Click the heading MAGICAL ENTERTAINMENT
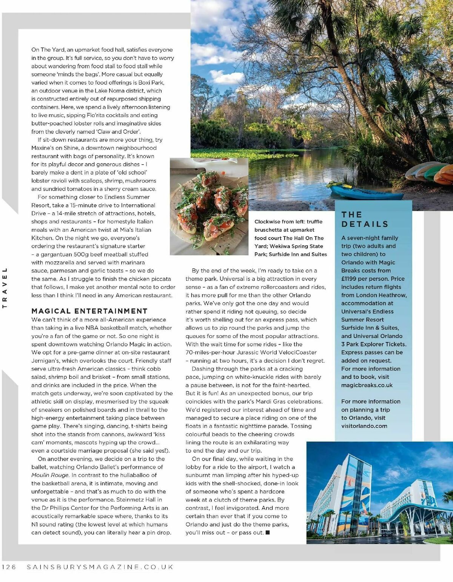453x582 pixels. point(89,311)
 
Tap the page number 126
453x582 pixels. point(9,567)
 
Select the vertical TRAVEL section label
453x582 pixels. point(5,288)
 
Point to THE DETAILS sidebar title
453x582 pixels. point(365,219)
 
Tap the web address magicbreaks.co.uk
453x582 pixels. point(367,385)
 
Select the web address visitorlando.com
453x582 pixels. point(364,426)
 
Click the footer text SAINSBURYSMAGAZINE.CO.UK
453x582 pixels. point(100,567)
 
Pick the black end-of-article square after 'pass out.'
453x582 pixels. point(268,533)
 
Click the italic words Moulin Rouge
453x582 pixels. point(50,475)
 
